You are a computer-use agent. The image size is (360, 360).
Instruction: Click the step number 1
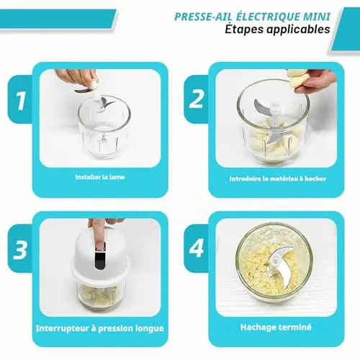point(21,100)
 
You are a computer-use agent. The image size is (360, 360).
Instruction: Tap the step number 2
point(197,99)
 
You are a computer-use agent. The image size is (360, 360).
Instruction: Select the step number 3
point(20,249)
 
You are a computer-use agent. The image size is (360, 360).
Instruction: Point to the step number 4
point(197,248)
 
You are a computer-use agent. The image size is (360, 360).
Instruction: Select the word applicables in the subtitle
point(298,30)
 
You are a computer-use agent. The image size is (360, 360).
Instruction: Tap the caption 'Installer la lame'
point(100,177)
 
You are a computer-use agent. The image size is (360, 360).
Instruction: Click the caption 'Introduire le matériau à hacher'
point(278,179)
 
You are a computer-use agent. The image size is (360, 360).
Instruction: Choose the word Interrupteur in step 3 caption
point(63,328)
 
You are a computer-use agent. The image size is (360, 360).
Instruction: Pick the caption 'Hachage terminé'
point(276,327)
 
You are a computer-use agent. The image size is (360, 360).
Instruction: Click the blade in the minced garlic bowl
point(280,265)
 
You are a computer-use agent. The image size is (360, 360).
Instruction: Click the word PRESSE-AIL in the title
point(204,17)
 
